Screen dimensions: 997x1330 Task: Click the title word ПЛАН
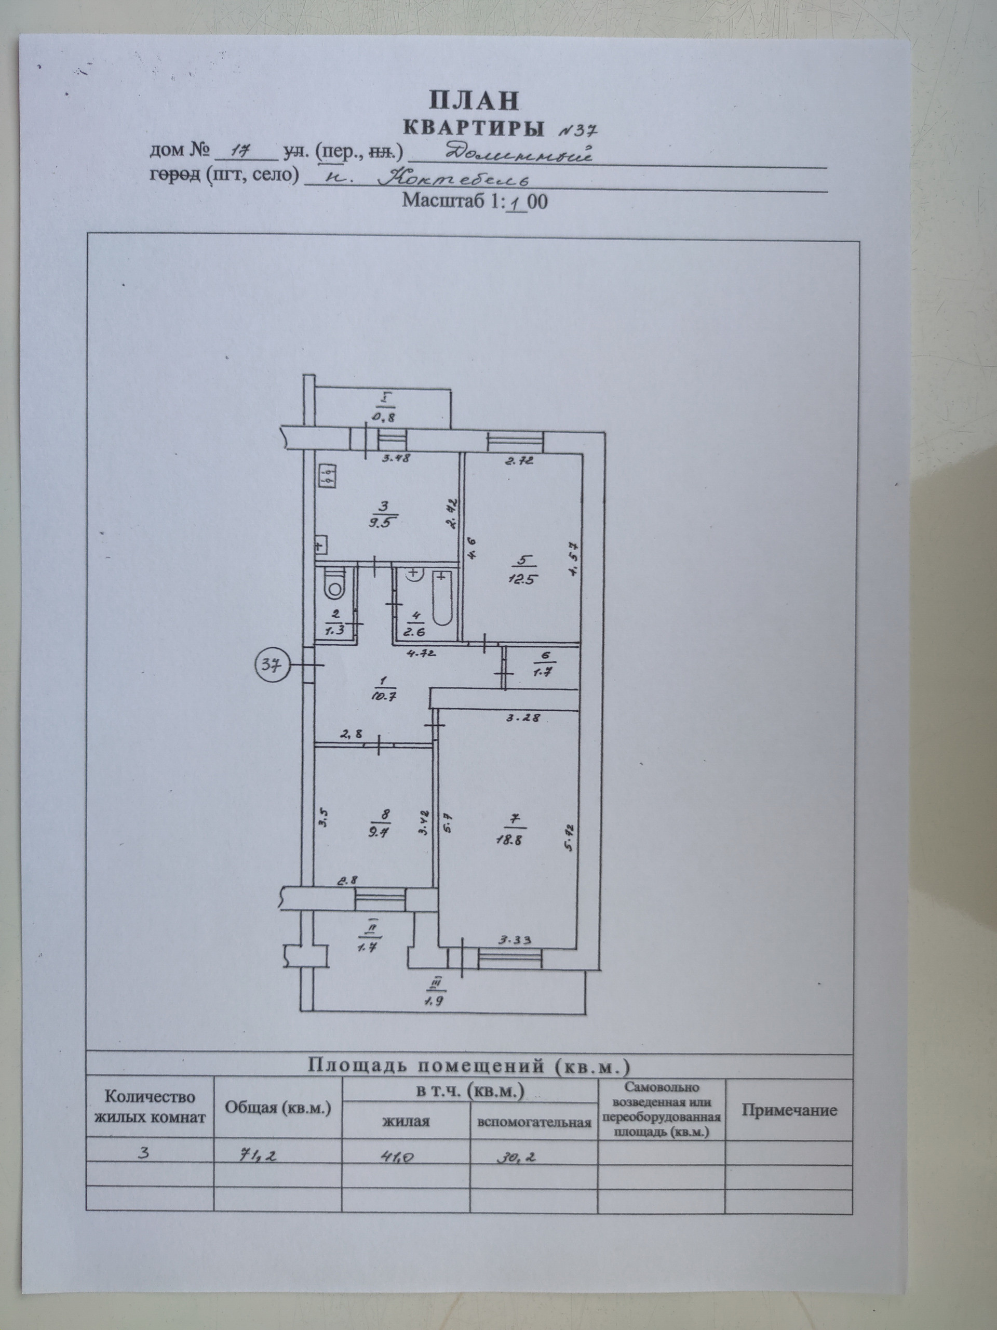[x=474, y=101]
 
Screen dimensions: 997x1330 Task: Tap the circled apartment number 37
[x=274, y=665]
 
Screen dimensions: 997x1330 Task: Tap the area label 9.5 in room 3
[x=381, y=522]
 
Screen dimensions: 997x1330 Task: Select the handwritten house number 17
[x=243, y=152]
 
